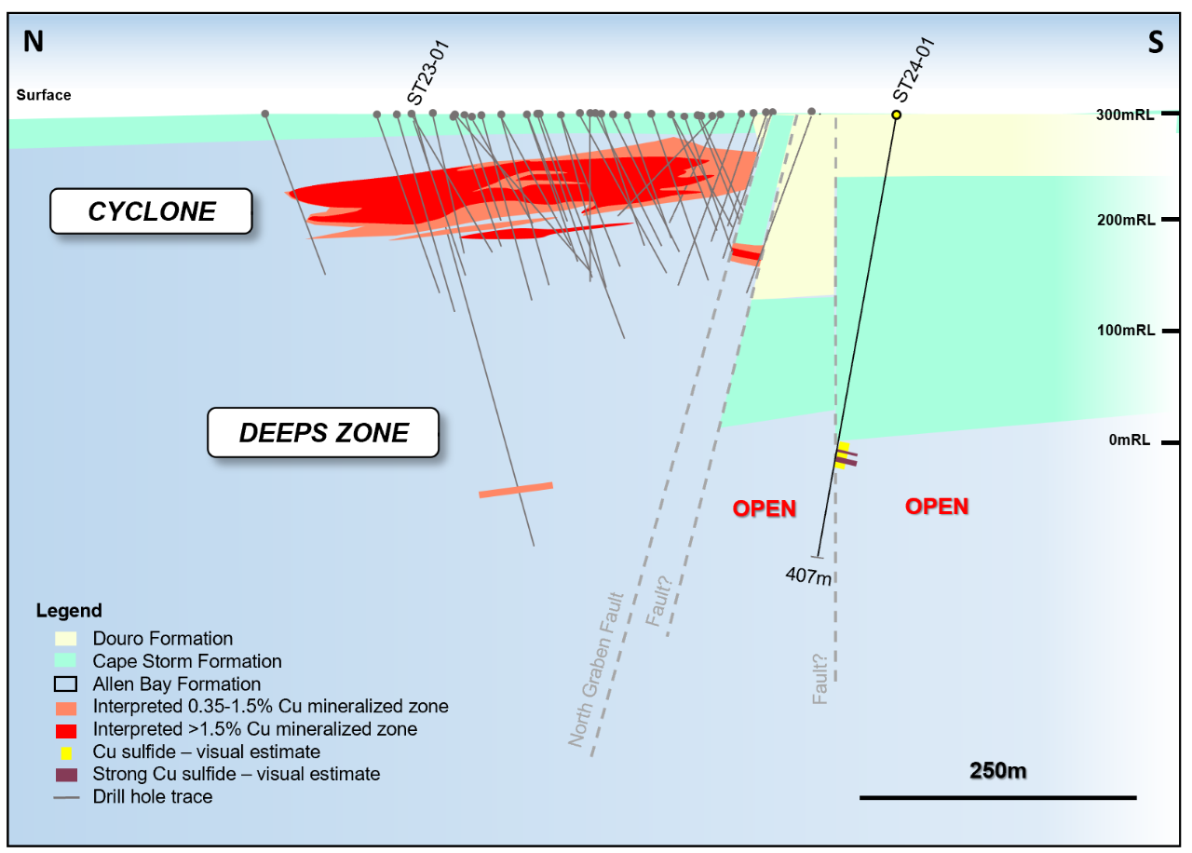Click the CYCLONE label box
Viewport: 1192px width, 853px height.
click(x=151, y=211)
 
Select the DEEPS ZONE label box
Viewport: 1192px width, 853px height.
click(x=323, y=433)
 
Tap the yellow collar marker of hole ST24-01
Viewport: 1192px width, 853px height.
click(x=897, y=115)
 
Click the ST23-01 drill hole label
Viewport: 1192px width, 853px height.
click(x=428, y=73)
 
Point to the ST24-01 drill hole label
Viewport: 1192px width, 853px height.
click(x=914, y=70)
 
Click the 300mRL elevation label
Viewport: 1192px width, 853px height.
click(x=1125, y=115)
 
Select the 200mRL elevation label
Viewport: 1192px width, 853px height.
click(x=1126, y=220)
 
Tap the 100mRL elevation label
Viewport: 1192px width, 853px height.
click(x=1126, y=331)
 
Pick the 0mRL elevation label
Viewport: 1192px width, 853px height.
click(x=1130, y=440)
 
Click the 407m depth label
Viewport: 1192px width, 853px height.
click(x=809, y=575)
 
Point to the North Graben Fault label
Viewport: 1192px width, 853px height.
click(x=595, y=670)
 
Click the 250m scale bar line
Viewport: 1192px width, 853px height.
click(x=998, y=798)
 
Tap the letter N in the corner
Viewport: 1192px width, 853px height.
click(x=33, y=42)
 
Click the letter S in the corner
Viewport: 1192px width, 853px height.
click(x=1156, y=42)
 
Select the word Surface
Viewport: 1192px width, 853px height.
click(x=44, y=95)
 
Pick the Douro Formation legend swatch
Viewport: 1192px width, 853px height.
click(x=65, y=639)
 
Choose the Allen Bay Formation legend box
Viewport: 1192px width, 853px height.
click(x=65, y=684)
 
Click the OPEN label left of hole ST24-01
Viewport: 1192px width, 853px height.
click(x=765, y=508)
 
